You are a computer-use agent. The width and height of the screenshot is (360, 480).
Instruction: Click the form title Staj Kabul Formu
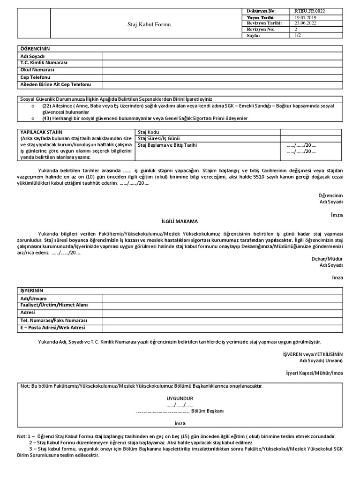point(147,24)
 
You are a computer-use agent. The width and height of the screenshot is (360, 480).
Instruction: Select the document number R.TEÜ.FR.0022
point(310,11)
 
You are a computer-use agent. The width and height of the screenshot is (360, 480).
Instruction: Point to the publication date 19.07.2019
point(305,17)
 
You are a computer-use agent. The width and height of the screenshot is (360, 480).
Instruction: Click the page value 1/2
point(298,35)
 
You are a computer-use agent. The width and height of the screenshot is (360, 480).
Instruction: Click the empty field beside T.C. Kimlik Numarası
point(223,63)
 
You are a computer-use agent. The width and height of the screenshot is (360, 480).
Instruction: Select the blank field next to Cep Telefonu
point(223,77)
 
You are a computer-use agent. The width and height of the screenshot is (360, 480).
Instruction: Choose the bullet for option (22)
point(32,106)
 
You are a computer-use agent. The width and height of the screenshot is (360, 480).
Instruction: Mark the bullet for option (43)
point(32,119)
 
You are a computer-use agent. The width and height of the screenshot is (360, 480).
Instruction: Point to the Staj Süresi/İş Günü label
point(159,139)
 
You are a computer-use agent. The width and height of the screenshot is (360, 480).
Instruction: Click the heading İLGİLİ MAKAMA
point(180,221)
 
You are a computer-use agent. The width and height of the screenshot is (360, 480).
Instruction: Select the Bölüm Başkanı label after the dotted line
point(208,411)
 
